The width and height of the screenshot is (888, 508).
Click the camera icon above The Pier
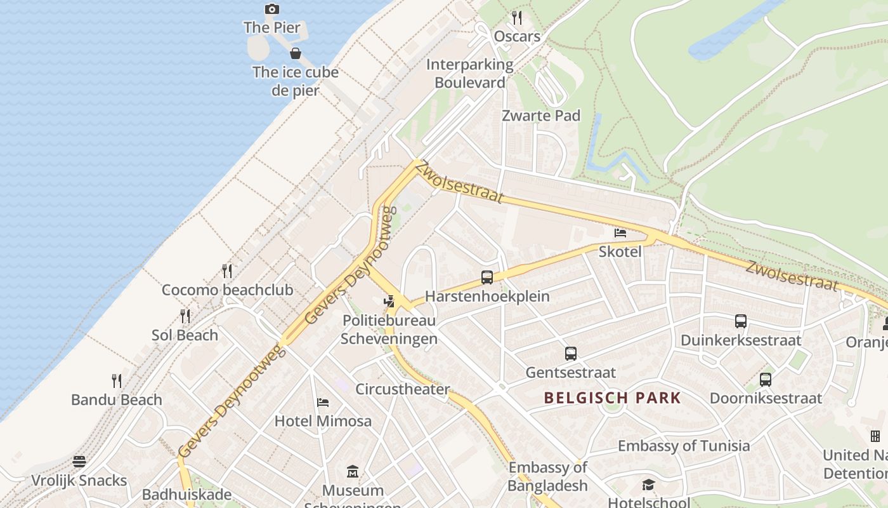272,9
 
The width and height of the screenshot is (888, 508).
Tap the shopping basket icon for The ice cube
295,53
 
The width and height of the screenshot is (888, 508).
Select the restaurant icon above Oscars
517,17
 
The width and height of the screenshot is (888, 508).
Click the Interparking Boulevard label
470,73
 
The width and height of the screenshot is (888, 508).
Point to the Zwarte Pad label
541,116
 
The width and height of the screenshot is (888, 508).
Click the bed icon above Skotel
620,233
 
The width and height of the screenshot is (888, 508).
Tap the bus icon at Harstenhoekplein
487,277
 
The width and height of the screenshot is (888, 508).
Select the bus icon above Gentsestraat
571,354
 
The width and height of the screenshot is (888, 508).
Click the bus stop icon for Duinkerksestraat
741,321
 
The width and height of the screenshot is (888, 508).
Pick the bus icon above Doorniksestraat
766,380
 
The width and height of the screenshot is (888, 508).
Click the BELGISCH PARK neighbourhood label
613,398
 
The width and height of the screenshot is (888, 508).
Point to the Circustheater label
403,389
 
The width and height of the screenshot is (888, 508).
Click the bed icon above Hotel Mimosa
323,402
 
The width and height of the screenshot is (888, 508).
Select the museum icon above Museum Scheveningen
353,471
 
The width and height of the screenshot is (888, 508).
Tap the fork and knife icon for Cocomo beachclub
227,271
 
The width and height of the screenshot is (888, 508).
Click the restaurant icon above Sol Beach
185,316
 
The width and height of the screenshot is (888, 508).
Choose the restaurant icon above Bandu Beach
117,380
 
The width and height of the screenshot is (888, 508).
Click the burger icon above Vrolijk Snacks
79,461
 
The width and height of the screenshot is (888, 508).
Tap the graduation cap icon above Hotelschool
648,485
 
